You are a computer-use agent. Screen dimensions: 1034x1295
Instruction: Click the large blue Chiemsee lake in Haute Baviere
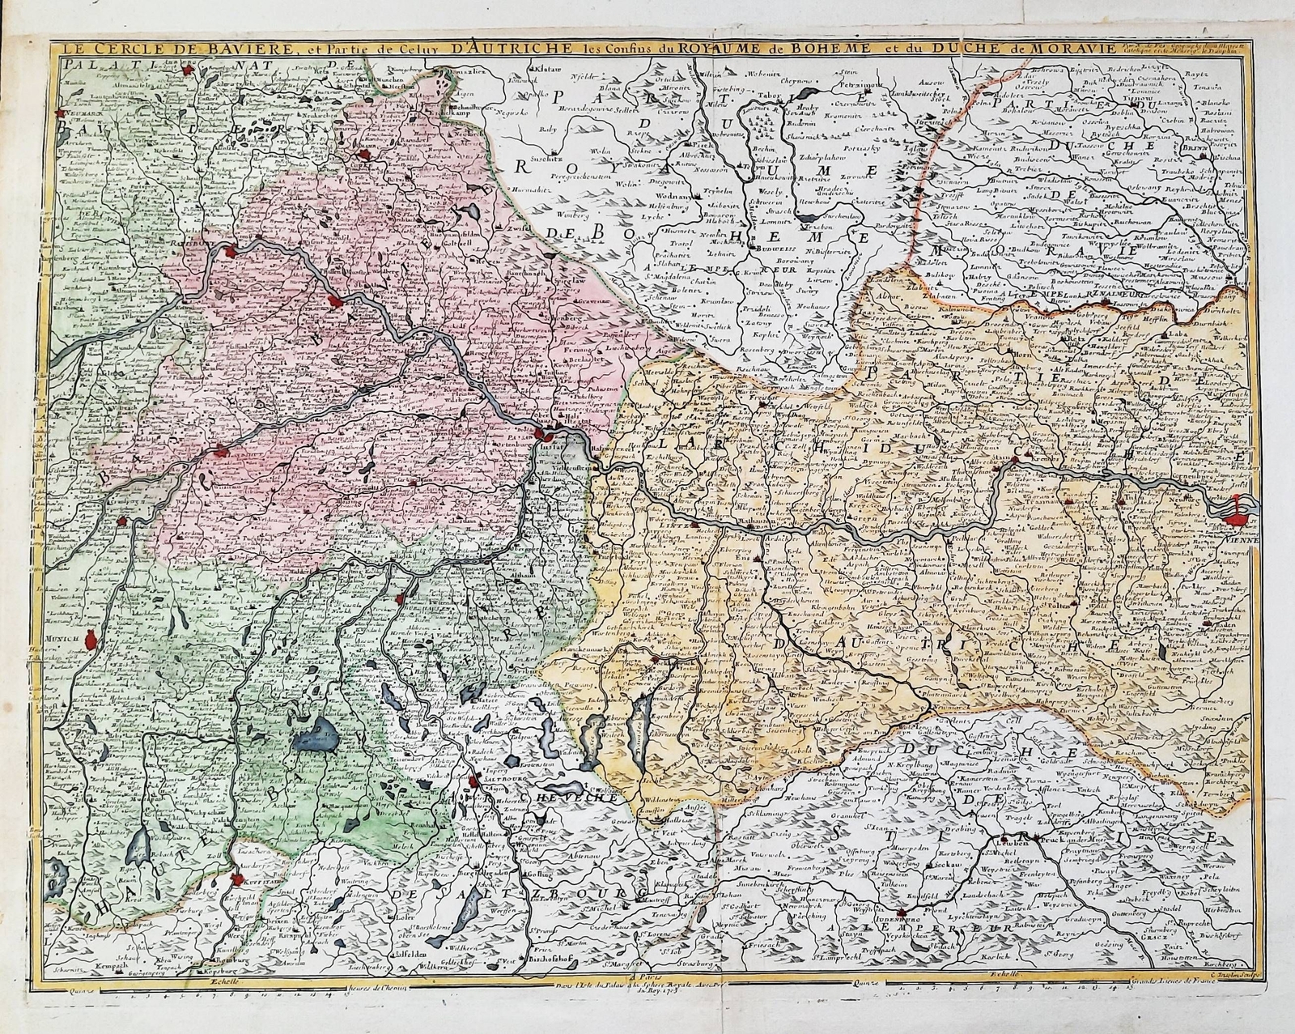tap(317, 733)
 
